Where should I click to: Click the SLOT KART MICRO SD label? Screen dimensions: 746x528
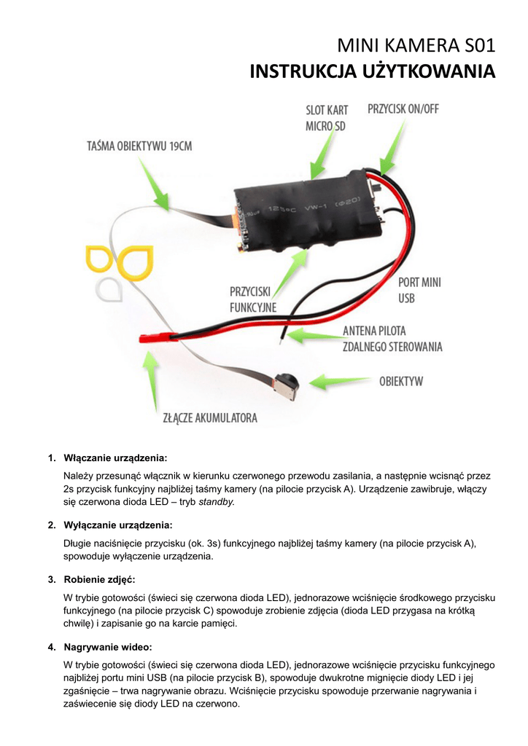326,118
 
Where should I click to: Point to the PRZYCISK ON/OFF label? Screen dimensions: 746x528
403,109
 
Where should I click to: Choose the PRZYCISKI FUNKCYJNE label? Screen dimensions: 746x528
252,299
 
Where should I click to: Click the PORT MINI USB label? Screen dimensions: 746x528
419,289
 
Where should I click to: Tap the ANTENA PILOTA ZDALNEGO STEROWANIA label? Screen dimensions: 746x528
392,339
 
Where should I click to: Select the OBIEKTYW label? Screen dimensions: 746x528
400,381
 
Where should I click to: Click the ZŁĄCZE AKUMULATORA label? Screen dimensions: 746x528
209,418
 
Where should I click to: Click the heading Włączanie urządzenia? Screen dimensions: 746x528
116,458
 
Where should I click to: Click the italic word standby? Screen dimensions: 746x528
217,502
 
